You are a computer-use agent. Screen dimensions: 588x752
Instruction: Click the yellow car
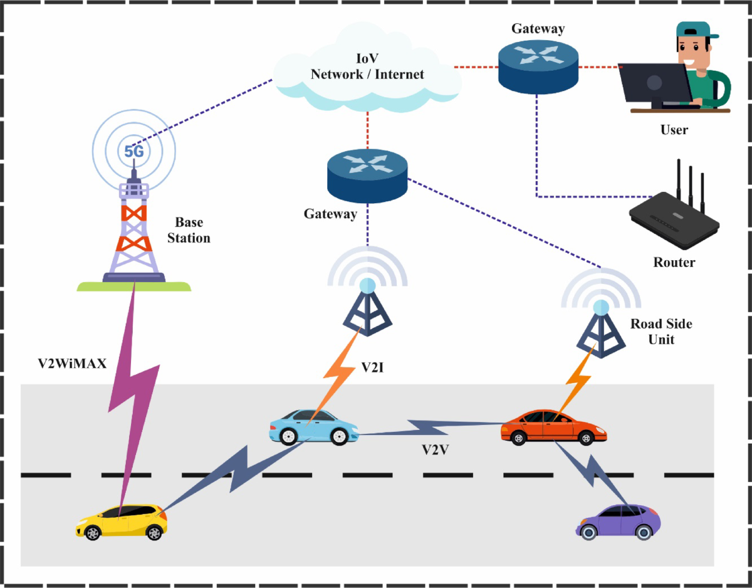pos(120,522)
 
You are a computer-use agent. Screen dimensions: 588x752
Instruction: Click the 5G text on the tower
pos(133,151)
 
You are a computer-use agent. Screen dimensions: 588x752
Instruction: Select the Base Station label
pos(192,231)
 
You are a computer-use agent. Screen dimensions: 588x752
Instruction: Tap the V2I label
pos(374,367)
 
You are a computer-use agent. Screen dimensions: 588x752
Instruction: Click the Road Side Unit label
pos(661,332)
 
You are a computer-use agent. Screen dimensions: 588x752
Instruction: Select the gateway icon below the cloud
pos(367,172)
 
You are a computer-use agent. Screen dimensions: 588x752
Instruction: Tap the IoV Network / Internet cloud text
pos(367,68)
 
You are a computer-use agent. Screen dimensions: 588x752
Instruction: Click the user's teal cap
pos(696,29)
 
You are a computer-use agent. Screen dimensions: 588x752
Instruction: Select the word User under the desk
pos(674,130)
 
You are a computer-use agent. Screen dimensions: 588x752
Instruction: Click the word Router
pos(674,262)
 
